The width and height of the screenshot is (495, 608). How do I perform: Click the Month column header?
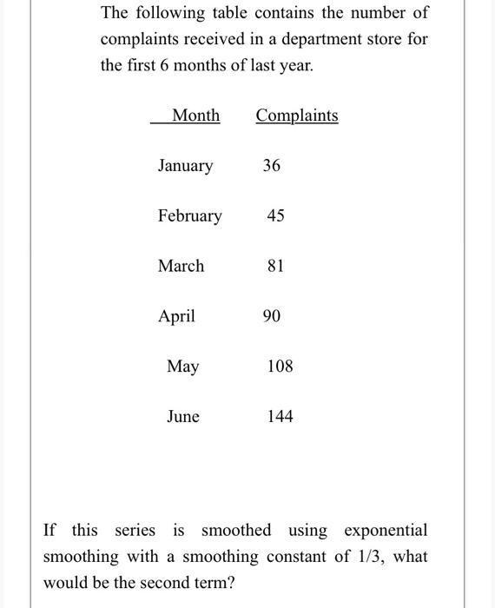click(195, 116)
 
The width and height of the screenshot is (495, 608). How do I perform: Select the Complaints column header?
click(297, 116)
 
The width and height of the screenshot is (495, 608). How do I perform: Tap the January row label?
click(185, 165)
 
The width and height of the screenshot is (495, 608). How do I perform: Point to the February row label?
click(189, 215)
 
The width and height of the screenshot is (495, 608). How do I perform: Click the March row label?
click(181, 266)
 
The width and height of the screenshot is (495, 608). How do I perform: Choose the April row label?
click(176, 316)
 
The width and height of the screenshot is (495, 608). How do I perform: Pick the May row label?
click(182, 367)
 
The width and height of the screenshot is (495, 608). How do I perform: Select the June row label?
click(182, 417)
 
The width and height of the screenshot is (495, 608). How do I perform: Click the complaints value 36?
click(271, 165)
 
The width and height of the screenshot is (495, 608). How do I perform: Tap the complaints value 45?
click(274, 215)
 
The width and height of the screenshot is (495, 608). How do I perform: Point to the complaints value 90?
click(271, 316)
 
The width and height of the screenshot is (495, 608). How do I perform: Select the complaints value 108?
click(280, 367)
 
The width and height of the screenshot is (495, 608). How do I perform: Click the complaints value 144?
click(280, 417)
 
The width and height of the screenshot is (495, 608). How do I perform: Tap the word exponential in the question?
click(386, 530)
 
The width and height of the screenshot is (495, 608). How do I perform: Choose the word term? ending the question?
click(211, 582)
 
